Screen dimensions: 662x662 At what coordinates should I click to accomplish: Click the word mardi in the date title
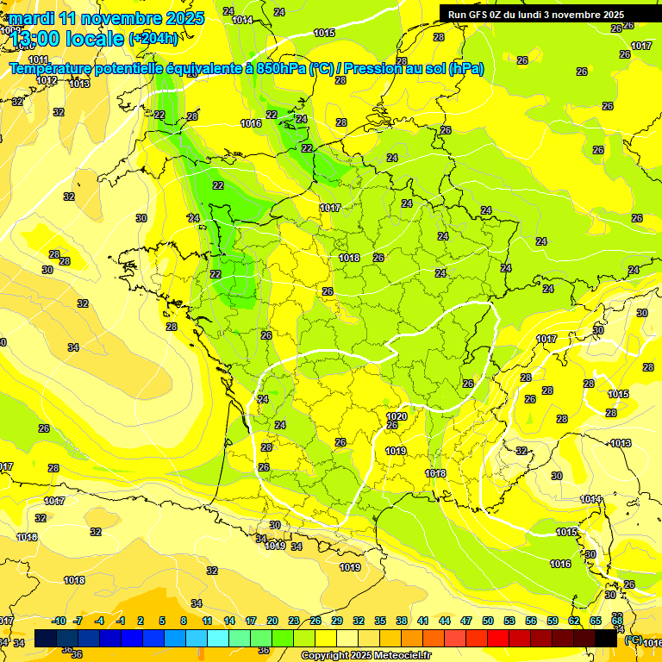[x=33, y=18]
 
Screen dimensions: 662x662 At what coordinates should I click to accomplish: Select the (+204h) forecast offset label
[x=153, y=38]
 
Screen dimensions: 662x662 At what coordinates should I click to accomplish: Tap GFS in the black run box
[x=482, y=15]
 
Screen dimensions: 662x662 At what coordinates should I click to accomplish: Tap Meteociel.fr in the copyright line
[x=403, y=656]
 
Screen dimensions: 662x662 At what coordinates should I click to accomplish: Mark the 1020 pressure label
[x=397, y=416]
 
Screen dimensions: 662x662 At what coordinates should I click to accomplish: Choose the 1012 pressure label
[x=47, y=80]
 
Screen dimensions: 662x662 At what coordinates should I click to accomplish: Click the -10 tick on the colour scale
[x=59, y=621]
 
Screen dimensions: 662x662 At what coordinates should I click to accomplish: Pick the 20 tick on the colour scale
[x=272, y=621]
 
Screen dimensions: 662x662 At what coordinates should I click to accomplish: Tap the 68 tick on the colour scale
[x=617, y=621]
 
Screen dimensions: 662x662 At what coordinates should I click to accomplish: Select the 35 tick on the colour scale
[x=380, y=621]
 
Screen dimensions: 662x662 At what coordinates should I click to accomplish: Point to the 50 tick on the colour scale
[x=488, y=621]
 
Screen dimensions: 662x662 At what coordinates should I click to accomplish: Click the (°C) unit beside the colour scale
[x=633, y=640]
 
